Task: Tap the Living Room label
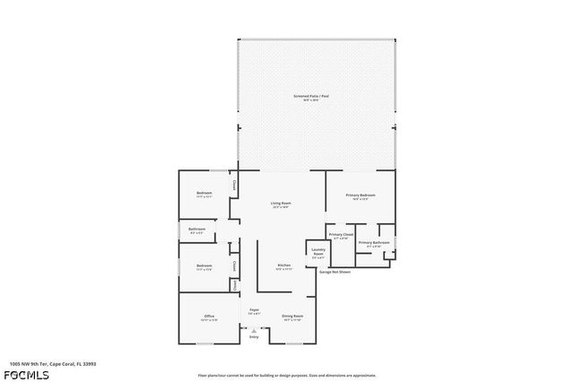[281, 204]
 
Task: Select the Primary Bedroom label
[360, 195]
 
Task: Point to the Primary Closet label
[341, 235]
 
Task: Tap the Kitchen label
[283, 265]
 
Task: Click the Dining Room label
[292, 316]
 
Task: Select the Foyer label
[254, 309]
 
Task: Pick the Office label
[208, 316]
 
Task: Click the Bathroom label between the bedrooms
[196, 230]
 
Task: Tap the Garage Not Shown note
[335, 272]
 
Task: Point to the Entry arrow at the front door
[253, 330]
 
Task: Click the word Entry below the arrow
[253, 337]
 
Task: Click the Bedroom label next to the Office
[204, 265]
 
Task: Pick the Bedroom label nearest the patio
[204, 194]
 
